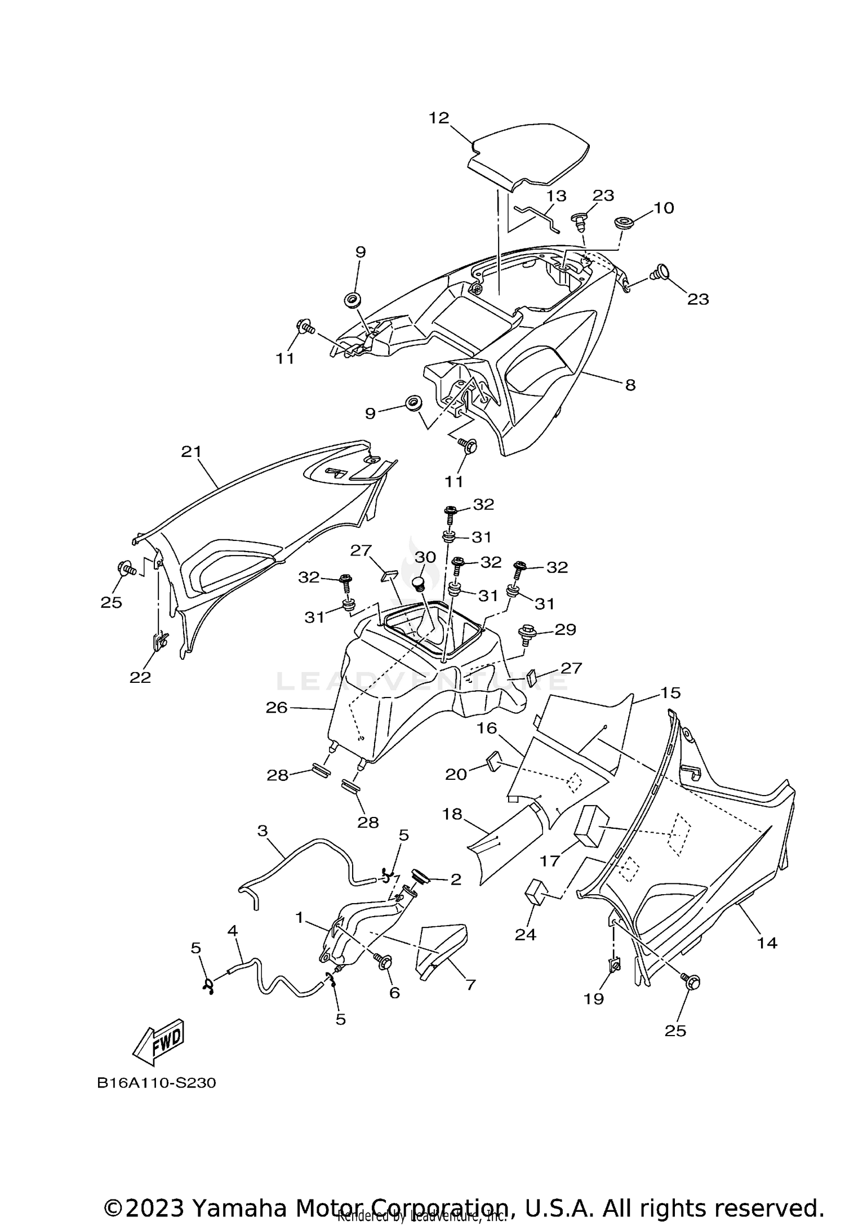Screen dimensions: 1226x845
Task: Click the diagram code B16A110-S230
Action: click(x=156, y=1083)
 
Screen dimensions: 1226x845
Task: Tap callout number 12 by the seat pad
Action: click(x=439, y=118)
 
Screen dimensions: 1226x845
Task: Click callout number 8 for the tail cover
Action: click(x=630, y=385)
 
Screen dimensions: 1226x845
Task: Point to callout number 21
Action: click(x=191, y=451)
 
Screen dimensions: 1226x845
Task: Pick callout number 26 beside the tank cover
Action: click(x=277, y=707)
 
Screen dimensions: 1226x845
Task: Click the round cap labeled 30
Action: click(x=418, y=584)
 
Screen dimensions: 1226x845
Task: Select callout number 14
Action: click(x=767, y=943)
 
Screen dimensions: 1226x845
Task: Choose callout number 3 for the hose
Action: click(x=263, y=831)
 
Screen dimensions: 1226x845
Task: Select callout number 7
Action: click(x=470, y=985)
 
